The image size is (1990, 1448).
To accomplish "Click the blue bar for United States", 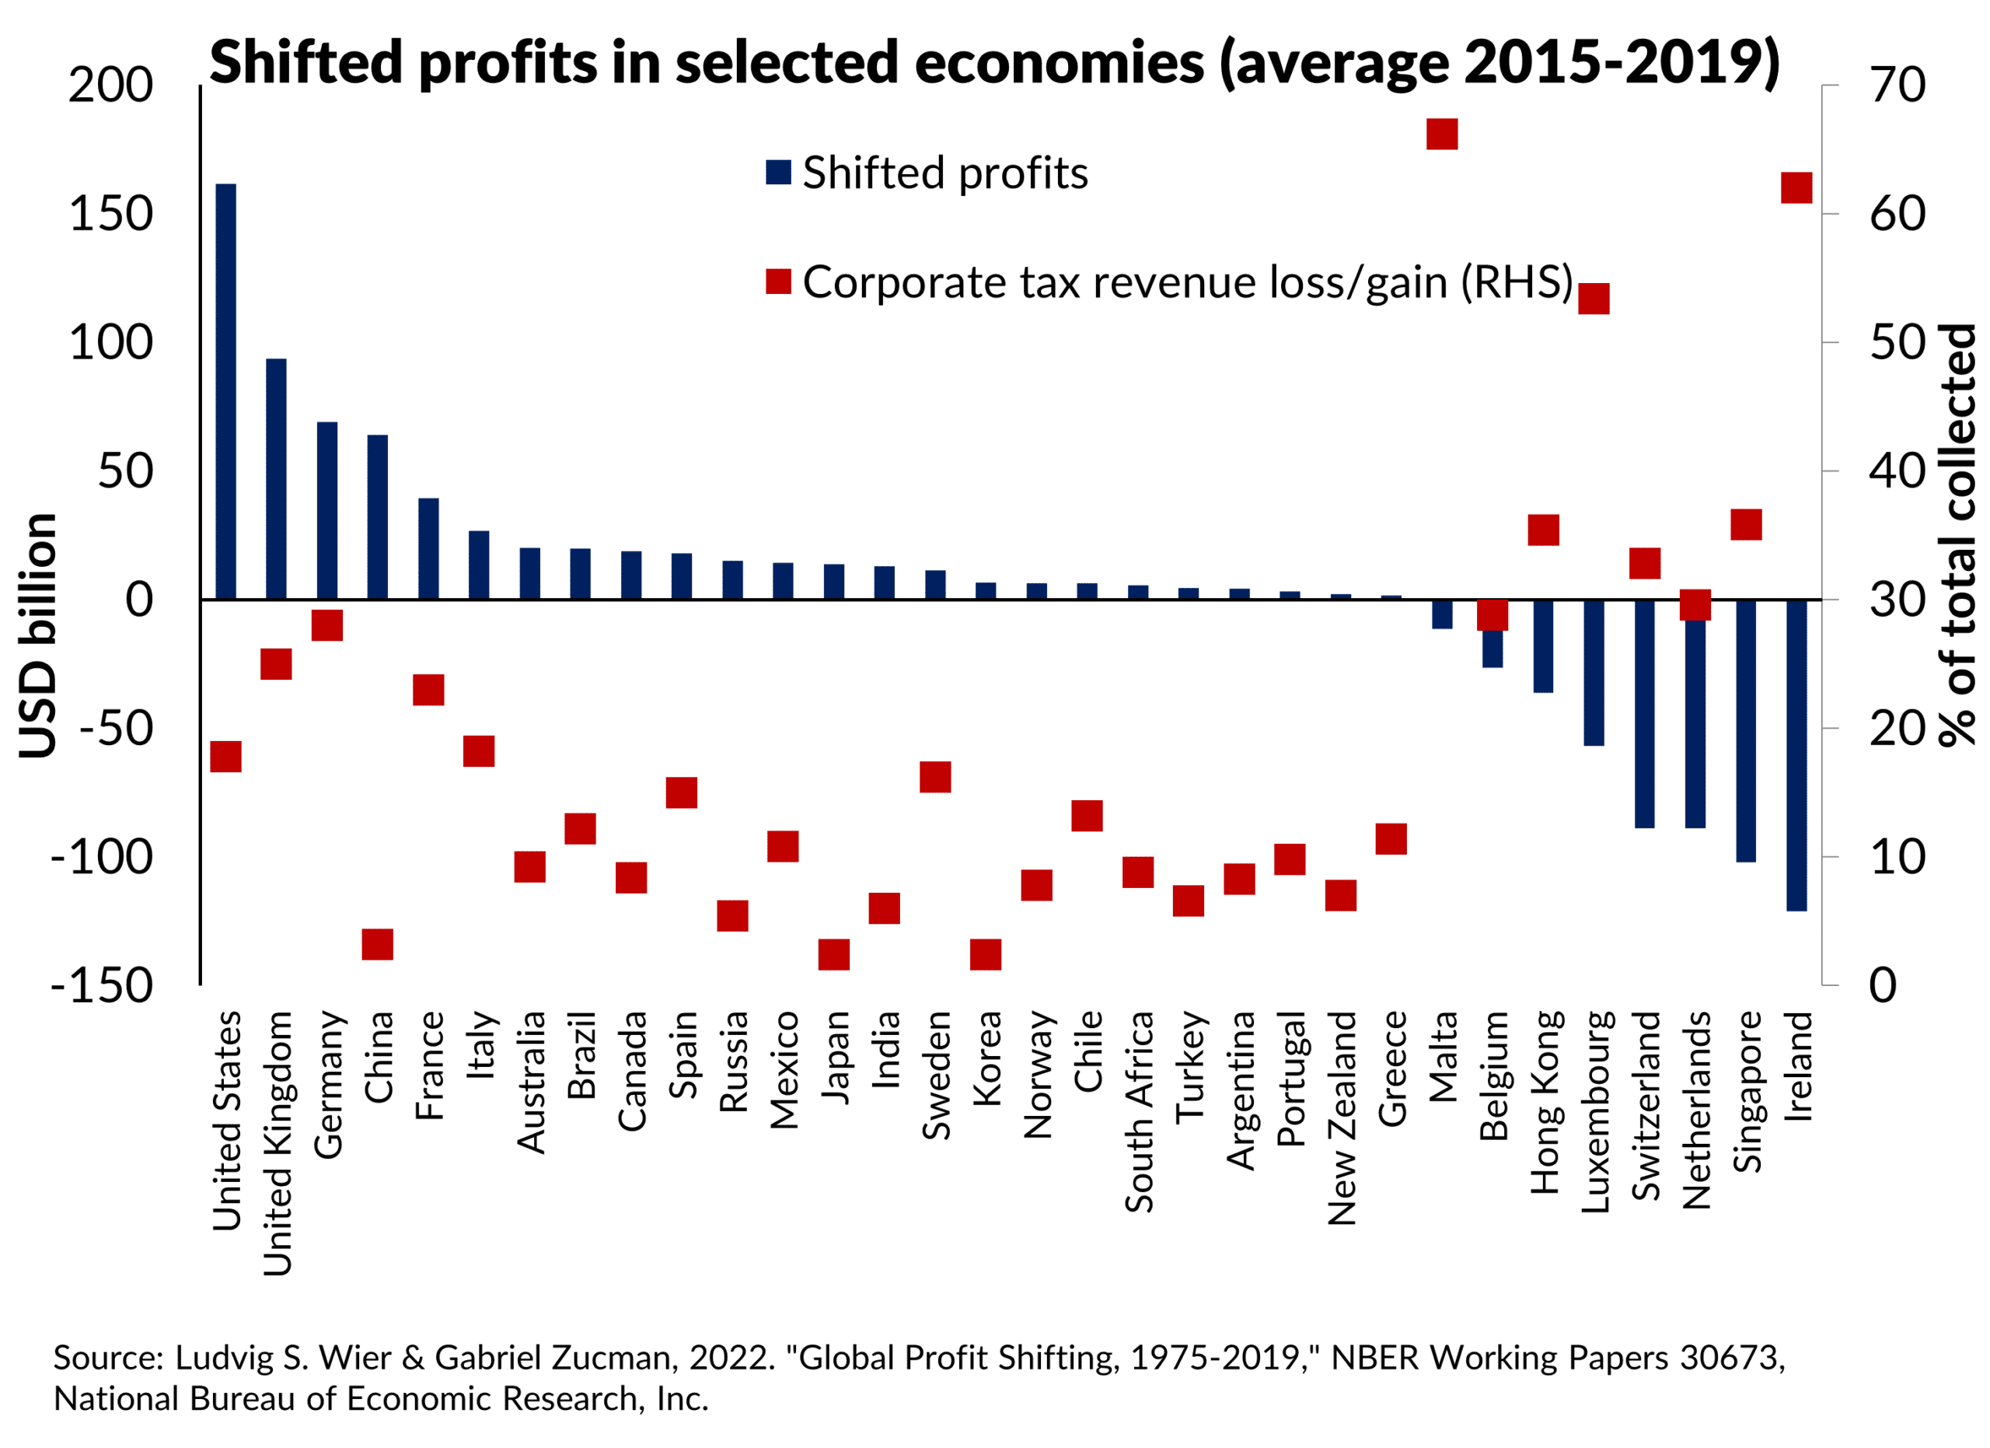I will pyautogui.click(x=225, y=391).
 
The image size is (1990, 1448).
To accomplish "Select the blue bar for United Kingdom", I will pyautogui.click(x=277, y=479).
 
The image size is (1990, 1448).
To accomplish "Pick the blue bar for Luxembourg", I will pyautogui.click(x=1594, y=672).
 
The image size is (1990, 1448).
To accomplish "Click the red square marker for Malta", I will pyautogui.click(x=1442, y=135).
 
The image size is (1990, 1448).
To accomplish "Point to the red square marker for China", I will pyautogui.click(x=377, y=944).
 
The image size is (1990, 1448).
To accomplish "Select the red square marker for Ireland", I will pyautogui.click(x=1796, y=189).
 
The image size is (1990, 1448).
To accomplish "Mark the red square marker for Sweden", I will pyautogui.click(x=935, y=777).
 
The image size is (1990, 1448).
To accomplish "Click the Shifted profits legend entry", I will pyautogui.click(x=927, y=173).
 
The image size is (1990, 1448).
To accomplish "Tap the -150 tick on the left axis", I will pyautogui.click(x=102, y=985).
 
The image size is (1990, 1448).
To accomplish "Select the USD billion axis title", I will pyautogui.click(x=38, y=635).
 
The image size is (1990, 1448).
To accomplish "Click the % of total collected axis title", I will pyautogui.click(x=1958, y=535).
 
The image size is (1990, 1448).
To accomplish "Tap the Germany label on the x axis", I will pyautogui.click(x=328, y=1085).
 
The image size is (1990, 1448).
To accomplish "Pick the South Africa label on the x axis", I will pyautogui.click(x=1139, y=1112).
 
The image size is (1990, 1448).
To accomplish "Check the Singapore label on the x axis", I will pyautogui.click(x=1746, y=1092).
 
